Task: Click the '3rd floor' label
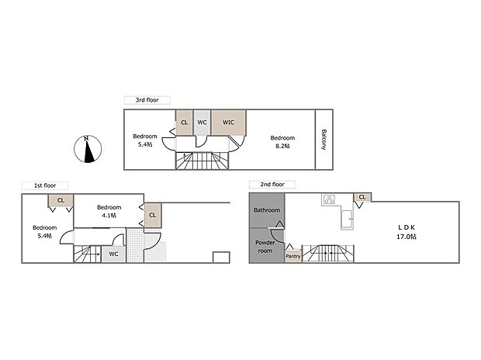(147, 100)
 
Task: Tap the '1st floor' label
(43, 185)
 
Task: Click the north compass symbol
(88, 149)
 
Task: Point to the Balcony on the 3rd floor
(324, 139)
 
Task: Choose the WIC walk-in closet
(229, 122)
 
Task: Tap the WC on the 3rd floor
(202, 122)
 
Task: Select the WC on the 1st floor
(113, 254)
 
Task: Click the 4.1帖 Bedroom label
(109, 211)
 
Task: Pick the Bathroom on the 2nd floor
(266, 209)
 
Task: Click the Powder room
(266, 246)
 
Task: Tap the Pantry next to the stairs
(293, 255)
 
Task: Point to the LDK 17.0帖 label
(407, 231)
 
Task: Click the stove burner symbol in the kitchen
(329, 199)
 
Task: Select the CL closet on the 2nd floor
(362, 197)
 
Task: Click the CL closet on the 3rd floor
(185, 122)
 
